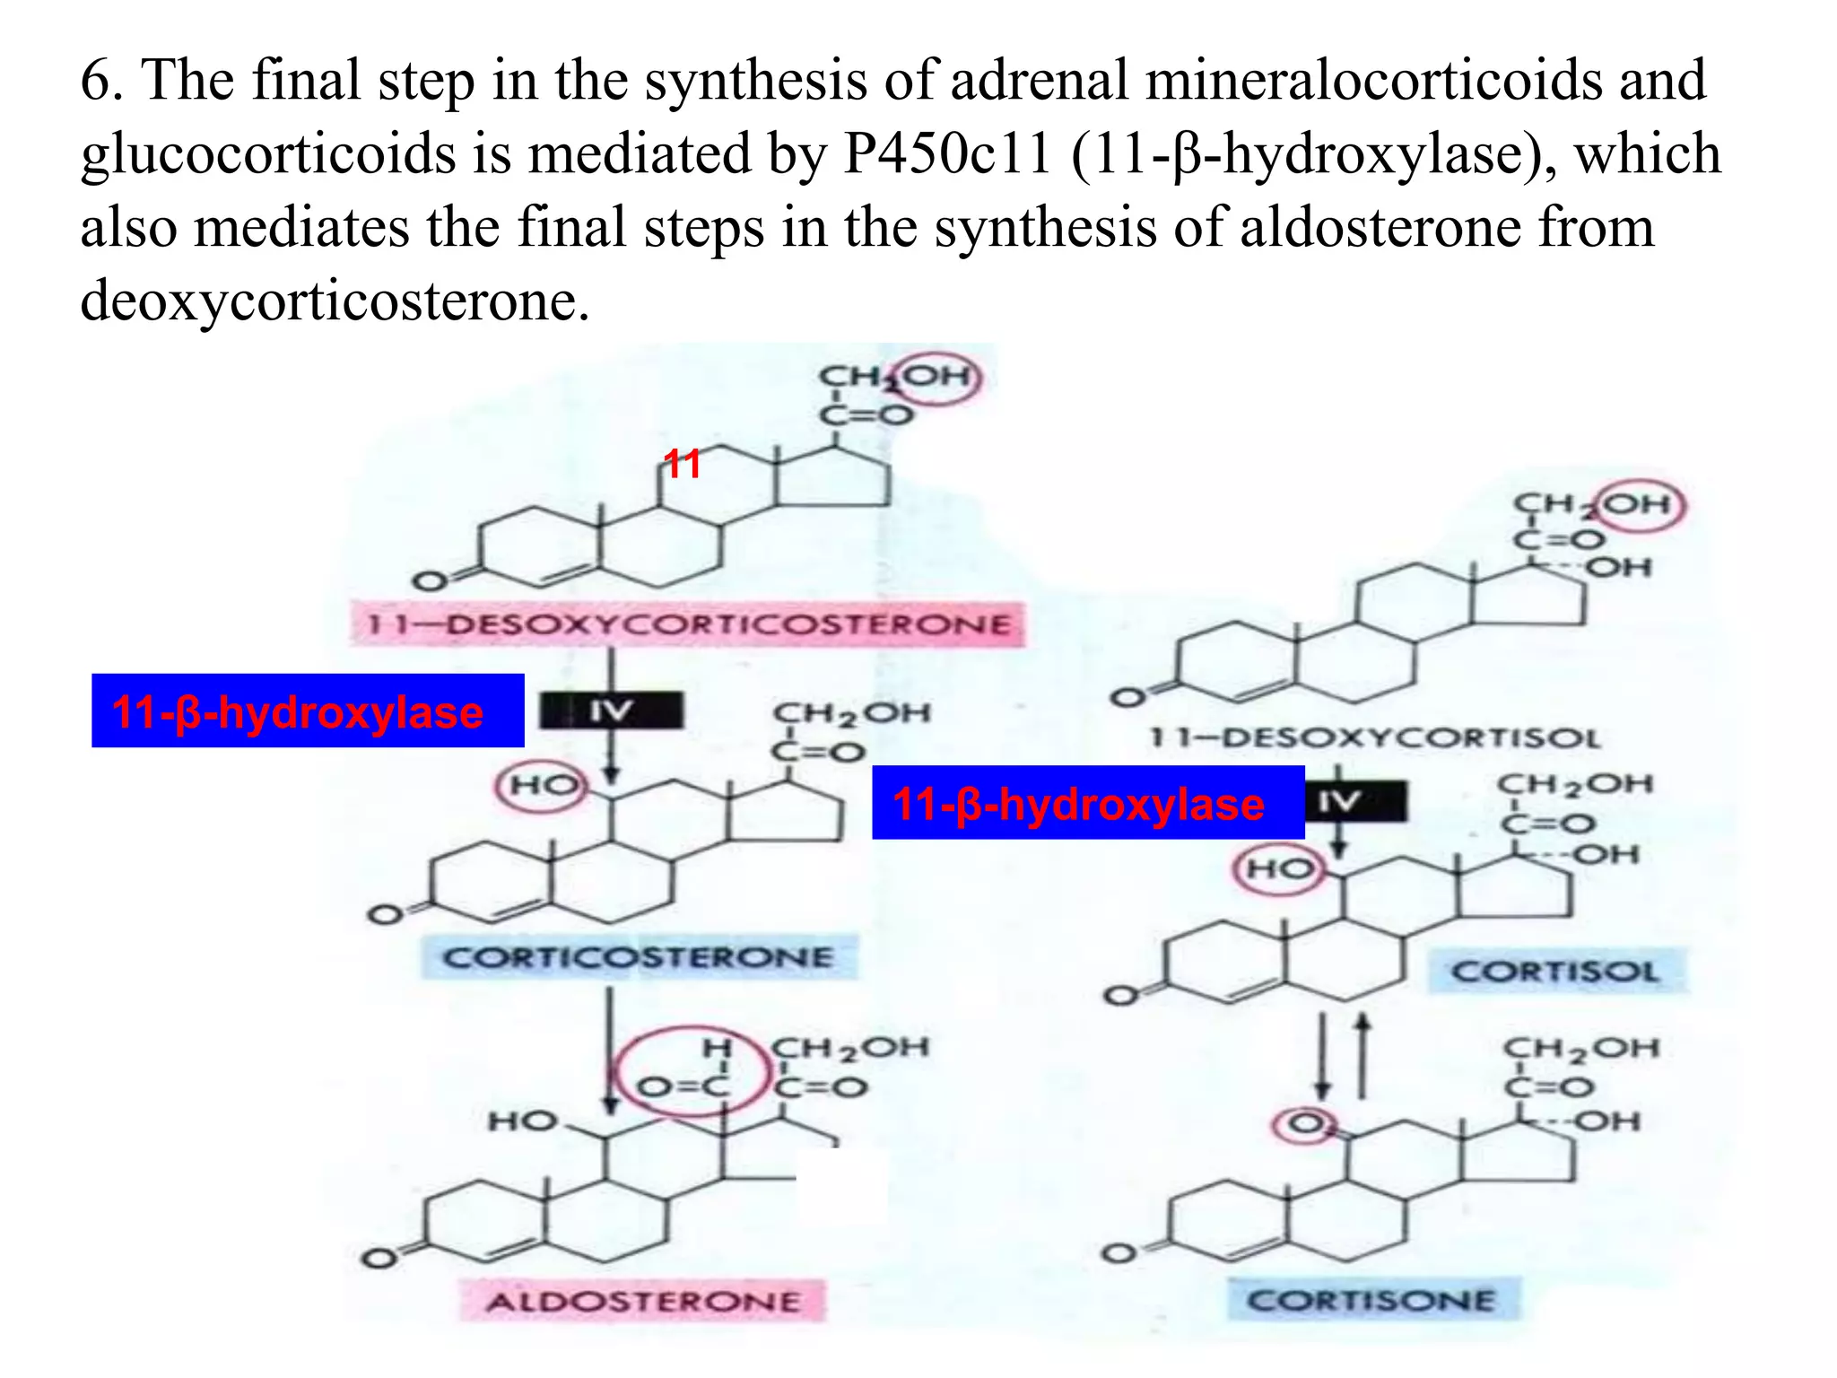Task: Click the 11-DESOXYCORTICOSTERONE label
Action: point(688,624)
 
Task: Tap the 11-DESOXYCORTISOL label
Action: point(1375,738)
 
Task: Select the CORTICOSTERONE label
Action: point(639,957)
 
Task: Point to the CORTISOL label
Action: point(1555,972)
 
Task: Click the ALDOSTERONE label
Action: point(642,1301)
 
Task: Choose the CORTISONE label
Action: point(1371,1300)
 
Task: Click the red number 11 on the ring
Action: point(682,464)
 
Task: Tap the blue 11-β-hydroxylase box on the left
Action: point(308,711)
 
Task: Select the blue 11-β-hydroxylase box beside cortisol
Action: point(1087,803)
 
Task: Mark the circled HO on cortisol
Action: point(1278,868)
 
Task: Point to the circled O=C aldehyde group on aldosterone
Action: point(687,1071)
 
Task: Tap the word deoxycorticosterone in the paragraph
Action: point(335,301)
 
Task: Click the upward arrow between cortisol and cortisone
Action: point(1363,1057)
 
